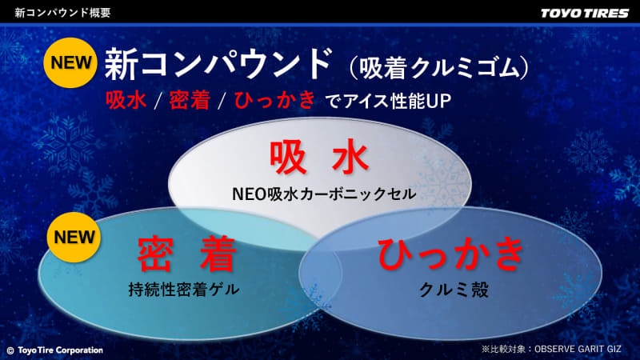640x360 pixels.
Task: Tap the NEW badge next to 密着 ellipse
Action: tap(73, 237)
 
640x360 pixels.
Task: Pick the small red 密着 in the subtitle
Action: tap(190, 102)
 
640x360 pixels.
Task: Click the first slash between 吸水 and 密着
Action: tap(158, 102)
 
